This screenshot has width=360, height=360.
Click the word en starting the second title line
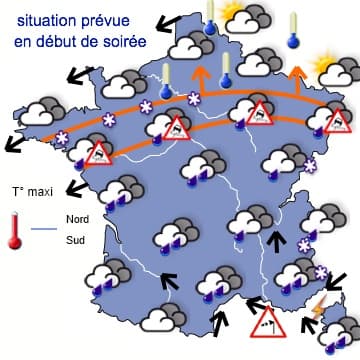pyautogui.click(x=25, y=39)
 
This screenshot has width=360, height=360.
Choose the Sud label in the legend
pyautogui.click(x=75, y=239)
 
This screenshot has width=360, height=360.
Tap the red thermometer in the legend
pyautogui.click(x=15, y=228)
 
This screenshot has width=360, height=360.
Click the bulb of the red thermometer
pyautogui.click(x=15, y=240)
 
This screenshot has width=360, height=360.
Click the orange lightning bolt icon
pyautogui.click(x=319, y=306)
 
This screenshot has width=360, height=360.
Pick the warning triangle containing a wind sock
pyautogui.click(x=267, y=322)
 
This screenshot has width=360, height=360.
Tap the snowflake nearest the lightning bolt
pyautogui.click(x=322, y=273)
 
